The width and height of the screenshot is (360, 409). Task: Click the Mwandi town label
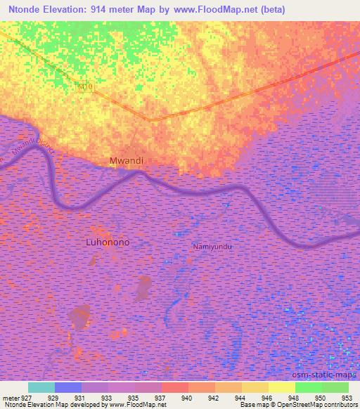tap(127, 161)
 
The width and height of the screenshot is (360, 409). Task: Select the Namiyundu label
tap(212, 247)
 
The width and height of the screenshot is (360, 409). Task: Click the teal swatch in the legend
tap(41, 387)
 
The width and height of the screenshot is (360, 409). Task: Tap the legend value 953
tap(345, 398)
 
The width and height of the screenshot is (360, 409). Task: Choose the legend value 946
tap(266, 398)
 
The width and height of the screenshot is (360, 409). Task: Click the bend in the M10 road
tap(150, 119)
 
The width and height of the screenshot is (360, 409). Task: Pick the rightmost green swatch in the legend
tap(335, 387)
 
